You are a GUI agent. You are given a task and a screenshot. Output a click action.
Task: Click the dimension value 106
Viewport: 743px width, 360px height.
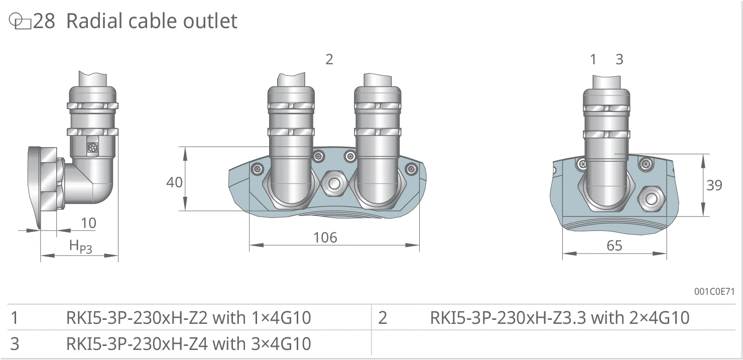point(325,237)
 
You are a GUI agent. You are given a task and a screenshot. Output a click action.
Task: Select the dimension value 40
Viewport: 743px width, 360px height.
point(175,182)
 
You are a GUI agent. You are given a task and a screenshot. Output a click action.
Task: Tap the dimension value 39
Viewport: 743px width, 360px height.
point(714,185)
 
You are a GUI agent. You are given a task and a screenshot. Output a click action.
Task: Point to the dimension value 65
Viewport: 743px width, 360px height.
point(614,246)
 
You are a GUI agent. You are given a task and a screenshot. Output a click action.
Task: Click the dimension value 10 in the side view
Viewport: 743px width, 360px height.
point(88,223)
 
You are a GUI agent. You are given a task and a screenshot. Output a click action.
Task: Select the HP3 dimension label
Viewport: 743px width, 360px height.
point(80,247)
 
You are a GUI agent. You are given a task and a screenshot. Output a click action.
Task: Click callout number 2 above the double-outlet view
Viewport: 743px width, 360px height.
point(329,59)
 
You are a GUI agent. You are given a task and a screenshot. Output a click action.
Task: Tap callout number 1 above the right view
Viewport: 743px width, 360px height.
point(593,59)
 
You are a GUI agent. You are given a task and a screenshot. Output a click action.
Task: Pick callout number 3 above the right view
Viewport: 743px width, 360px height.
point(620,59)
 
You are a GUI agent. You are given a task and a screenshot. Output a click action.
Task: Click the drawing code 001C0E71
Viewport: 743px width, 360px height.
point(714,291)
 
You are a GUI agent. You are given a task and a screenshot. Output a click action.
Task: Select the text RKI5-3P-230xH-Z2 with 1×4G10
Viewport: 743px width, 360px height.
point(188,317)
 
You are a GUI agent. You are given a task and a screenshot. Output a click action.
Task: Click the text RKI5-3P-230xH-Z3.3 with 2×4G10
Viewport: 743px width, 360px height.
point(560,317)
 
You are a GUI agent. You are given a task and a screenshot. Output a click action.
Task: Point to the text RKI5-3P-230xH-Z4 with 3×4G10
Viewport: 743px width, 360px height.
point(188,343)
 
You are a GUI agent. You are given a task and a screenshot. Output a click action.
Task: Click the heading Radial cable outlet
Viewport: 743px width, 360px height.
point(152,21)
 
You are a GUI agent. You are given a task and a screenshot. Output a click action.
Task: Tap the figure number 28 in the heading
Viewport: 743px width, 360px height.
point(44,21)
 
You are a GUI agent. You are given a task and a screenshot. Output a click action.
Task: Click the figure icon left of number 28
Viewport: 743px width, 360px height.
point(20,21)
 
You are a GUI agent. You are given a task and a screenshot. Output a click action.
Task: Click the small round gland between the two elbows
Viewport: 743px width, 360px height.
point(334,183)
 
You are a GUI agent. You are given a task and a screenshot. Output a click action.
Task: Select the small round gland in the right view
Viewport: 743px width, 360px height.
point(651,199)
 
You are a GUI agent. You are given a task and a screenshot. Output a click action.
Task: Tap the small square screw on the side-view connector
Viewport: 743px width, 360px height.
point(92,148)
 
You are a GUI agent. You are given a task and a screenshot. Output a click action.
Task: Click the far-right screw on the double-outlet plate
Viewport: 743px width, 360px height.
point(411,169)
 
